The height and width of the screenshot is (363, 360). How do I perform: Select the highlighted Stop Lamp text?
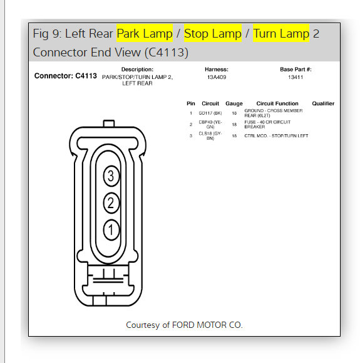point(212,33)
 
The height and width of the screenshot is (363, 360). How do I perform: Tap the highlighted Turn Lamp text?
point(281,33)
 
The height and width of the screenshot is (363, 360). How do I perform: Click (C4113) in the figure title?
point(163,52)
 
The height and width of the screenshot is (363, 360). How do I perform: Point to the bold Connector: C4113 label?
point(66,76)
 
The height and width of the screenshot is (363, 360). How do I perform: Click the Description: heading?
point(137,69)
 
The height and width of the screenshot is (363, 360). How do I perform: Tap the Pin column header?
point(191,103)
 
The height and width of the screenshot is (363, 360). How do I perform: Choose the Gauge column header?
point(234,103)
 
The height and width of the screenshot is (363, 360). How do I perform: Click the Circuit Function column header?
point(277,103)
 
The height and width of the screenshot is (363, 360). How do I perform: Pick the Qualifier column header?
point(323,103)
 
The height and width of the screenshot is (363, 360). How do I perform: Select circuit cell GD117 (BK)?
point(210,112)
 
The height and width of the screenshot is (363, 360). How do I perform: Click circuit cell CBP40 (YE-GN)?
point(210,124)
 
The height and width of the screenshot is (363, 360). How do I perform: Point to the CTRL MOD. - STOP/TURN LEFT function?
point(276,135)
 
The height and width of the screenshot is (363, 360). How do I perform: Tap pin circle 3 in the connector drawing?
point(111,177)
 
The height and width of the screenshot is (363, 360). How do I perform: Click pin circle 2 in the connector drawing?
point(111,203)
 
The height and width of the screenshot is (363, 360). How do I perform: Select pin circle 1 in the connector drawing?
point(111,230)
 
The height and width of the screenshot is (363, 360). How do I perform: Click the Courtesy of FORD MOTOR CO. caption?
point(184,325)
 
